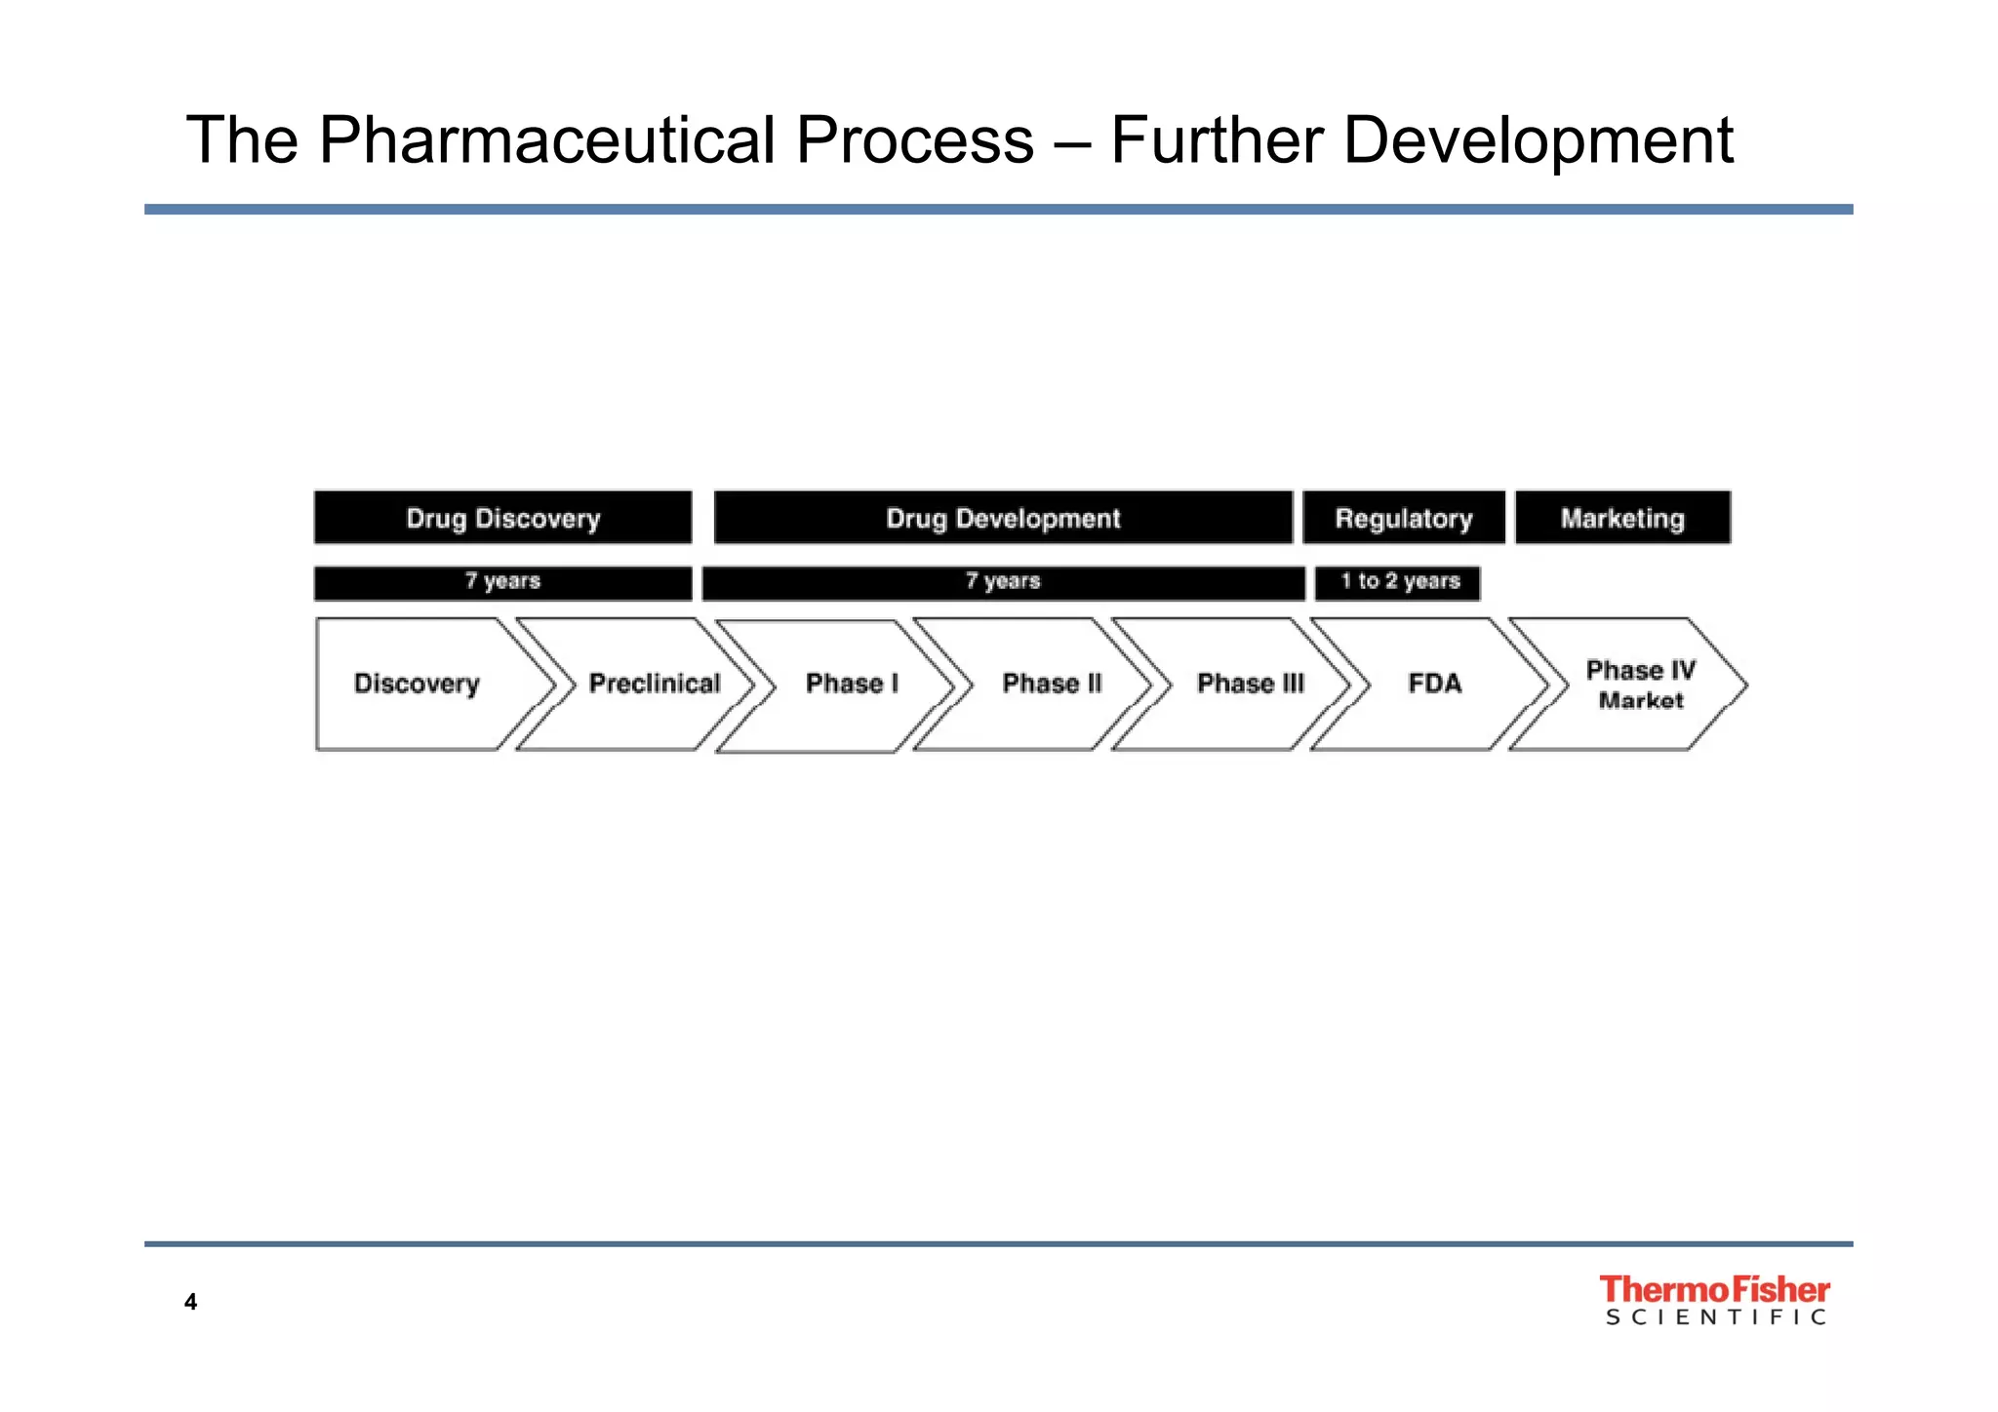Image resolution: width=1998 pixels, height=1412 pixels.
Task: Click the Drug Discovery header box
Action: [502, 518]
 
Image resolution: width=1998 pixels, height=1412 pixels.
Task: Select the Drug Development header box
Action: [1003, 518]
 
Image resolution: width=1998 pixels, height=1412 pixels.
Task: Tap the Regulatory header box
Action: [1403, 518]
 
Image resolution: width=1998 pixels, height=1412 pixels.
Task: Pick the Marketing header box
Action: [1622, 518]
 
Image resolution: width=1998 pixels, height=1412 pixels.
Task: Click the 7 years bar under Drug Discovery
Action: [502, 582]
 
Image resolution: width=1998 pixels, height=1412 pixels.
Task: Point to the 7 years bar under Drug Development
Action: [1003, 582]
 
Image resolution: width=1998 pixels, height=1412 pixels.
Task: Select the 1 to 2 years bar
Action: [1398, 582]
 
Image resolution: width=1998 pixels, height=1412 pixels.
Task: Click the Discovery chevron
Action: [418, 684]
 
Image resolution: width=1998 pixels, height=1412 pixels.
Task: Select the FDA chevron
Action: [1434, 684]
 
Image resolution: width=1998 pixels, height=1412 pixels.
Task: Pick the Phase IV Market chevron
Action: [1639, 685]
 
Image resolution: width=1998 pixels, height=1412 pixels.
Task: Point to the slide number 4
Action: [190, 1302]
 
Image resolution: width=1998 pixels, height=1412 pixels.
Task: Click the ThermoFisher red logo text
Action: [1714, 1290]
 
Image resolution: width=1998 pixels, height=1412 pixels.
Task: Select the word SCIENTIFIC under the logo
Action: [1715, 1317]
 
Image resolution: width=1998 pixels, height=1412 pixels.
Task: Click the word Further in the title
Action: [1217, 140]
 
